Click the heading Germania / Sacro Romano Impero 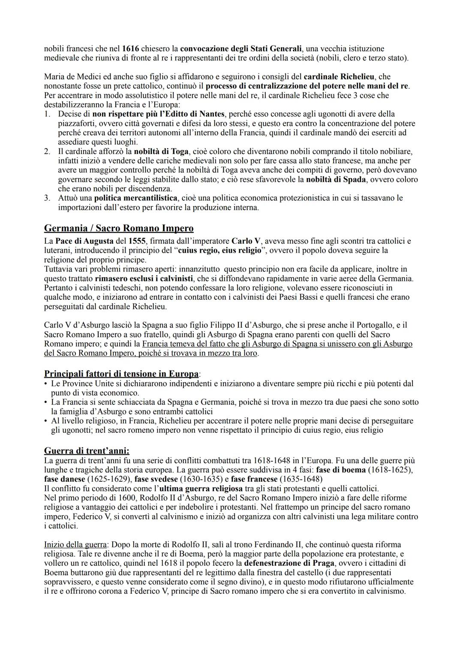[119, 228]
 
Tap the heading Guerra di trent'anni [87, 451]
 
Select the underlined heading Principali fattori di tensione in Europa [121, 373]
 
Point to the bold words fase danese [64, 479]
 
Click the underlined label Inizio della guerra [75, 544]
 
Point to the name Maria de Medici [72, 77]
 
